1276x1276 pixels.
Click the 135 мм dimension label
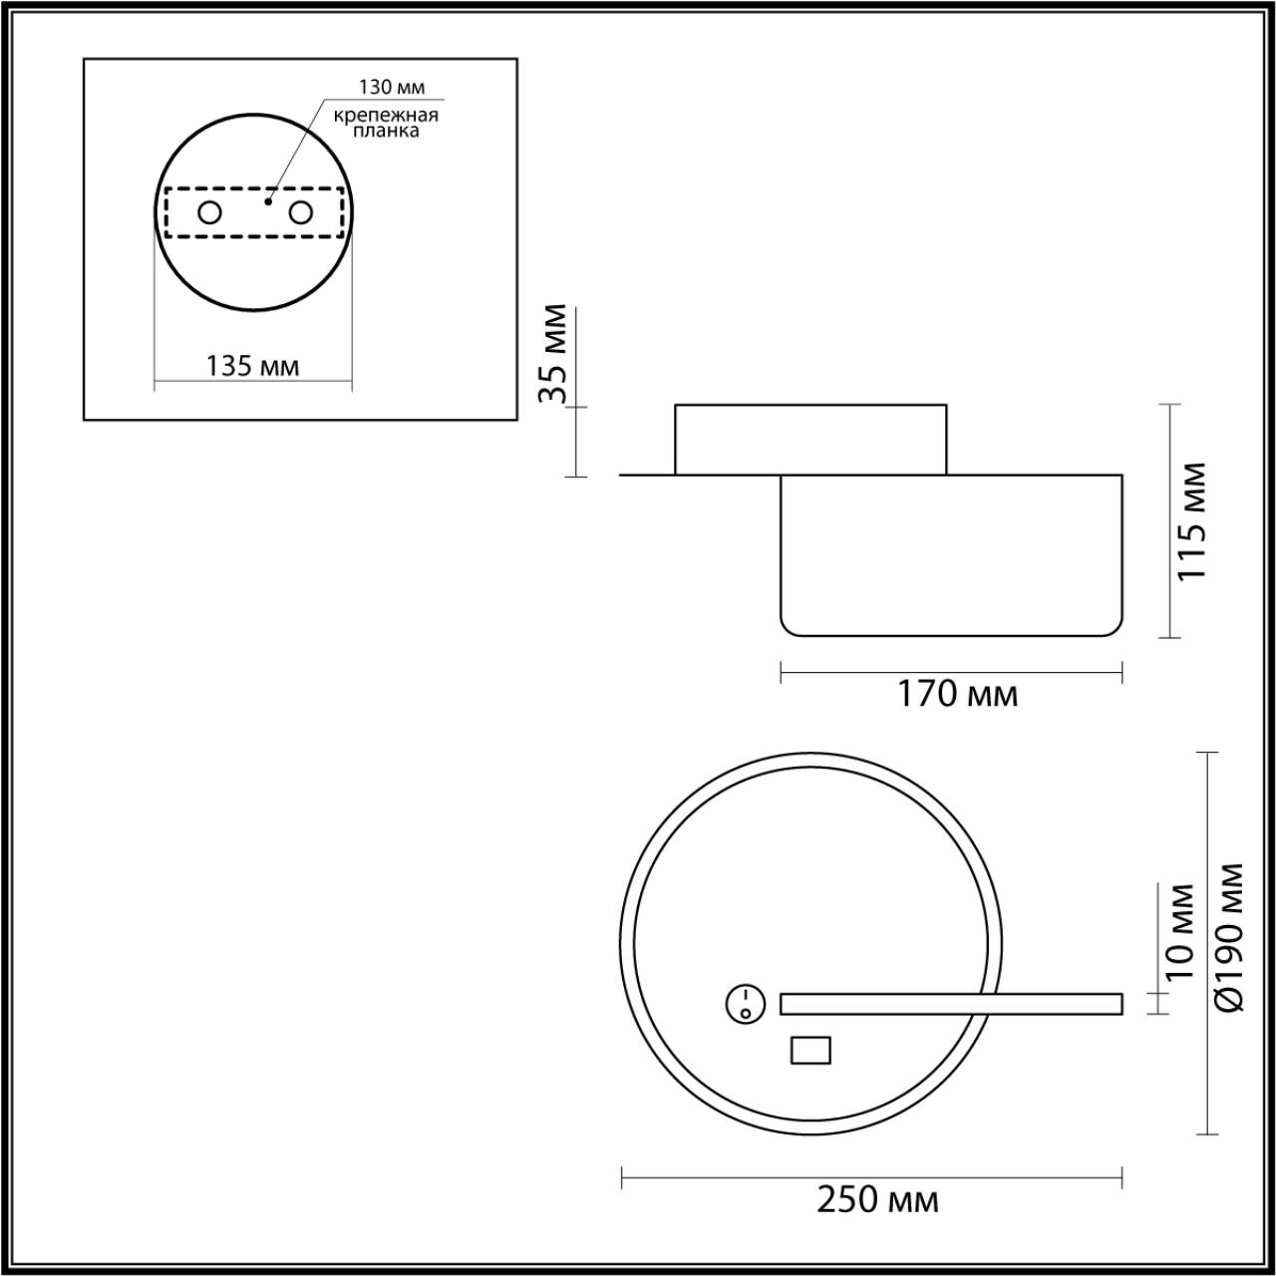point(253,366)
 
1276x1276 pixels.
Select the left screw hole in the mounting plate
point(209,212)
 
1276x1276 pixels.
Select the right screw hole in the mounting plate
point(300,212)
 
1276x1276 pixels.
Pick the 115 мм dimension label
point(1191,521)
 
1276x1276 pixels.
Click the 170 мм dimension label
point(958,693)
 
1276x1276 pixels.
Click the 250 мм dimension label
point(877,1199)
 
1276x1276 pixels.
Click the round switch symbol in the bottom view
point(745,1004)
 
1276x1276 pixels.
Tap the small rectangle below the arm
point(810,1050)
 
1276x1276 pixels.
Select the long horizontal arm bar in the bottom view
point(951,1004)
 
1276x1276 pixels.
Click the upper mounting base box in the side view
point(810,439)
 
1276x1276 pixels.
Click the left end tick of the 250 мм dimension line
point(622,1177)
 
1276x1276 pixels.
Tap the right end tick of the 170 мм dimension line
point(1122,673)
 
